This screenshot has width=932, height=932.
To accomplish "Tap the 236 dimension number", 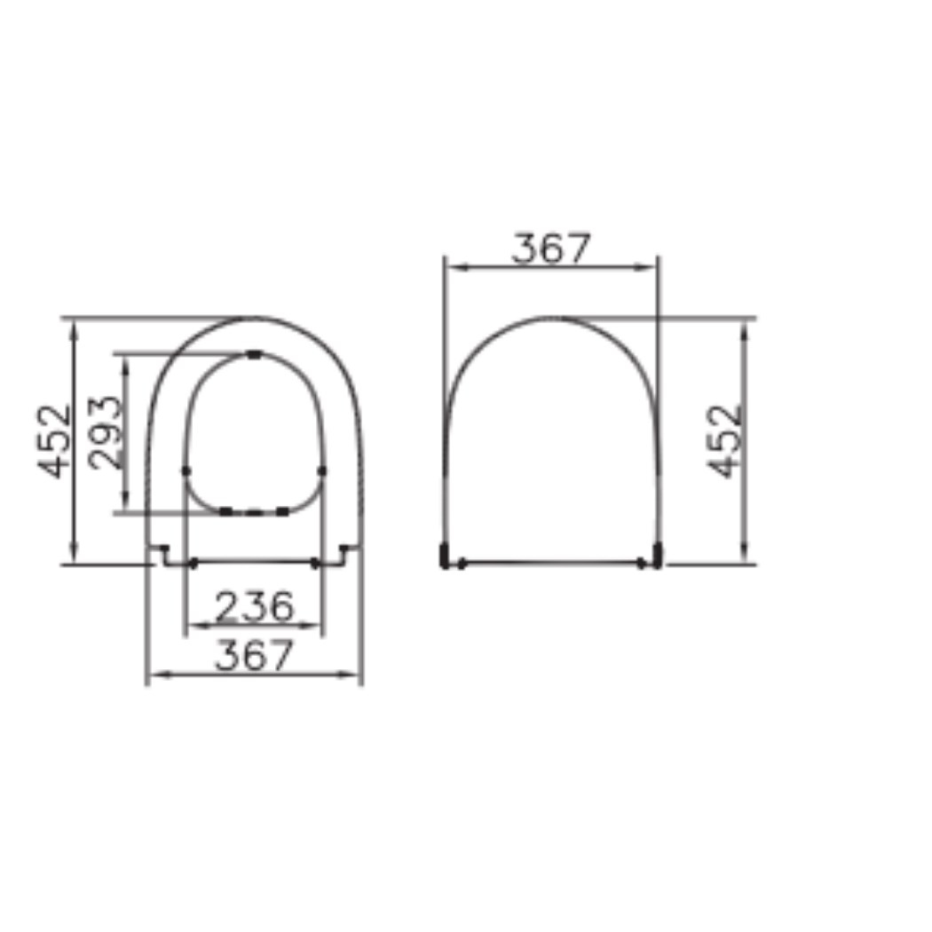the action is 255,606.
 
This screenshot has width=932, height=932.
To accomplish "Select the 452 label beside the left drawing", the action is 54,442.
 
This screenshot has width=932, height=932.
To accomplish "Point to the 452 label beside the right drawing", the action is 724,442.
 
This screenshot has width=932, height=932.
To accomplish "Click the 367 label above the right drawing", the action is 551,249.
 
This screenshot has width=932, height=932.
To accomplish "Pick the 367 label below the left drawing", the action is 255,654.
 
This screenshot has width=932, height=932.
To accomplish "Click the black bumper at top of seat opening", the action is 255,355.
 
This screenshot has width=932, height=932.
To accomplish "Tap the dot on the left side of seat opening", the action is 186,470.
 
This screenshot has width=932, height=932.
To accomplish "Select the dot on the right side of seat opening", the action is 322,470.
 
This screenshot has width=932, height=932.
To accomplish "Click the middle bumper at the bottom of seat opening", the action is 254,512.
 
